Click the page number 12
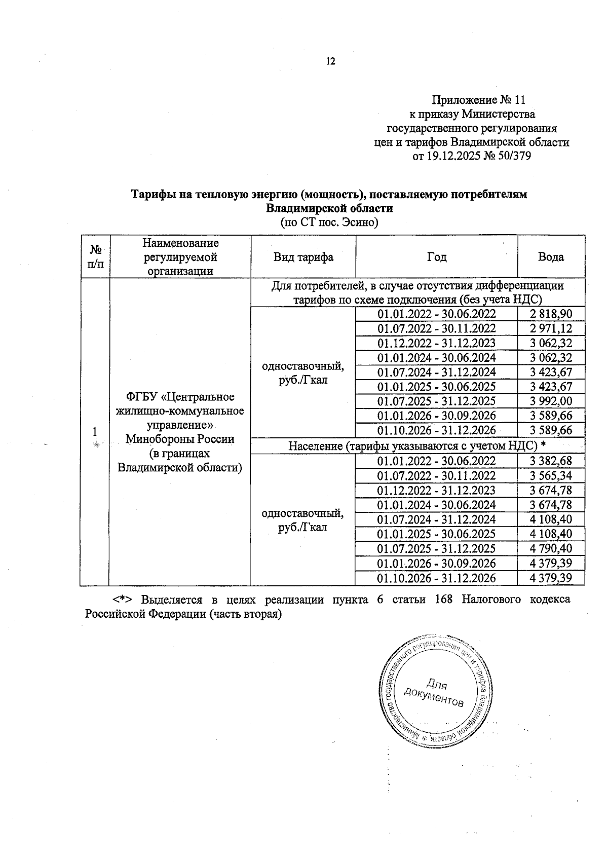330,62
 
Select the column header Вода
551,257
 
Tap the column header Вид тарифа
303,257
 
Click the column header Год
436,257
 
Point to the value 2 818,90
551,314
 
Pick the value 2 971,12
551,329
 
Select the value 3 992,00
551,401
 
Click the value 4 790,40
551,549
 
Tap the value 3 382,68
551,461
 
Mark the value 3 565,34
551,476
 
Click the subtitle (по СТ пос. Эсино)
329,222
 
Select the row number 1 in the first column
95,432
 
